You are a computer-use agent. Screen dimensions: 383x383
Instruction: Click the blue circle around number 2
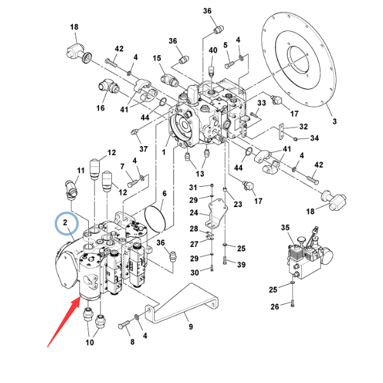[66, 224]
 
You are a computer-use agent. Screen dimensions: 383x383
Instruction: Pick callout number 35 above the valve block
[285, 227]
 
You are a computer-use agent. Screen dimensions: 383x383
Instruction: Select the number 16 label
[100, 109]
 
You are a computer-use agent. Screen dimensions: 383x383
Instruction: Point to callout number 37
[144, 149]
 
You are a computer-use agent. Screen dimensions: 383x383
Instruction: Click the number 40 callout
[212, 50]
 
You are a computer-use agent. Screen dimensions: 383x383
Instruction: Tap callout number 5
[225, 45]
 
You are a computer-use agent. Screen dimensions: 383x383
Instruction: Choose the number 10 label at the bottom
[90, 343]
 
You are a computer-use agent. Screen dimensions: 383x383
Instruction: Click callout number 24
[195, 213]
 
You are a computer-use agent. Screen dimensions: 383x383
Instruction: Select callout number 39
[241, 264]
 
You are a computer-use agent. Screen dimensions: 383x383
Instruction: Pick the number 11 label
[81, 171]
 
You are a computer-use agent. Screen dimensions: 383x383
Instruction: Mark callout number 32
[303, 127]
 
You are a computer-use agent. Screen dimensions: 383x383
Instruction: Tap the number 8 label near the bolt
[132, 342]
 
